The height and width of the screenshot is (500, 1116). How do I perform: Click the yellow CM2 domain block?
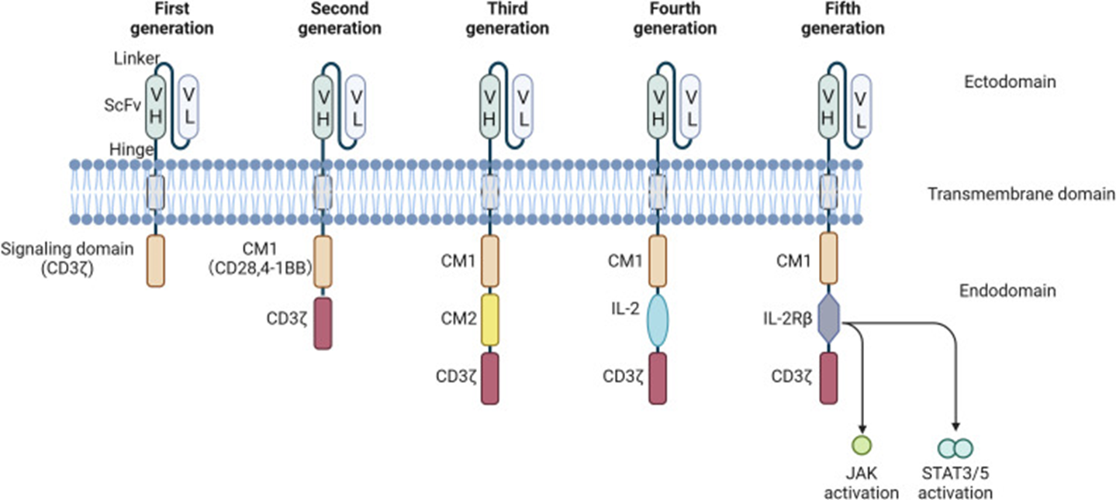pos(490,319)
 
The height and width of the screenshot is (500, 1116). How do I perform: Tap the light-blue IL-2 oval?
pos(658,319)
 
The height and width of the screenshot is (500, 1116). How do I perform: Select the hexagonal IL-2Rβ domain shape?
pos(827,319)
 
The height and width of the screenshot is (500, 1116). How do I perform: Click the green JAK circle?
pos(862,446)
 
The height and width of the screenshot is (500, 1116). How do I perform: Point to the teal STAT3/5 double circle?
pos(955,448)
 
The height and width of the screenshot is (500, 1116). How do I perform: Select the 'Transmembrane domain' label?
pos(1021,194)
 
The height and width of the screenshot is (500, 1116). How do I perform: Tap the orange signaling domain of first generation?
pos(156,261)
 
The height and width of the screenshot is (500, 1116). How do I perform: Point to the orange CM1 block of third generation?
pos(490,261)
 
